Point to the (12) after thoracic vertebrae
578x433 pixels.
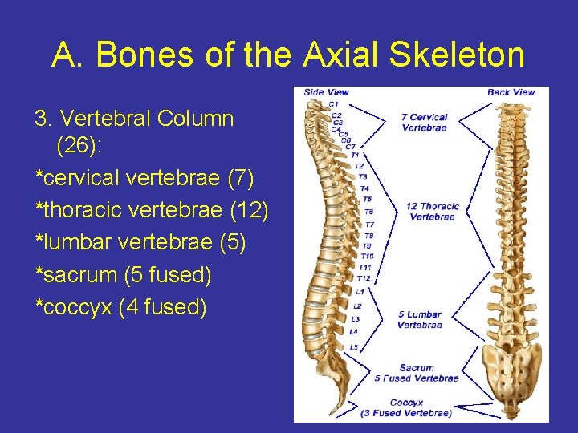(249, 210)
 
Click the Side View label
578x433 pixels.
(326, 92)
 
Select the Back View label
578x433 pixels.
(511, 92)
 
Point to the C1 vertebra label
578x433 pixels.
(334, 104)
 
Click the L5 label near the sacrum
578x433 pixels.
(354, 347)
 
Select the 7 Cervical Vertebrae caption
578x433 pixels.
(424, 123)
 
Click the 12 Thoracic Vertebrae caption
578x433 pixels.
(432, 212)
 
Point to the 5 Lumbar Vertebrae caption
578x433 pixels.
(419, 320)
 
